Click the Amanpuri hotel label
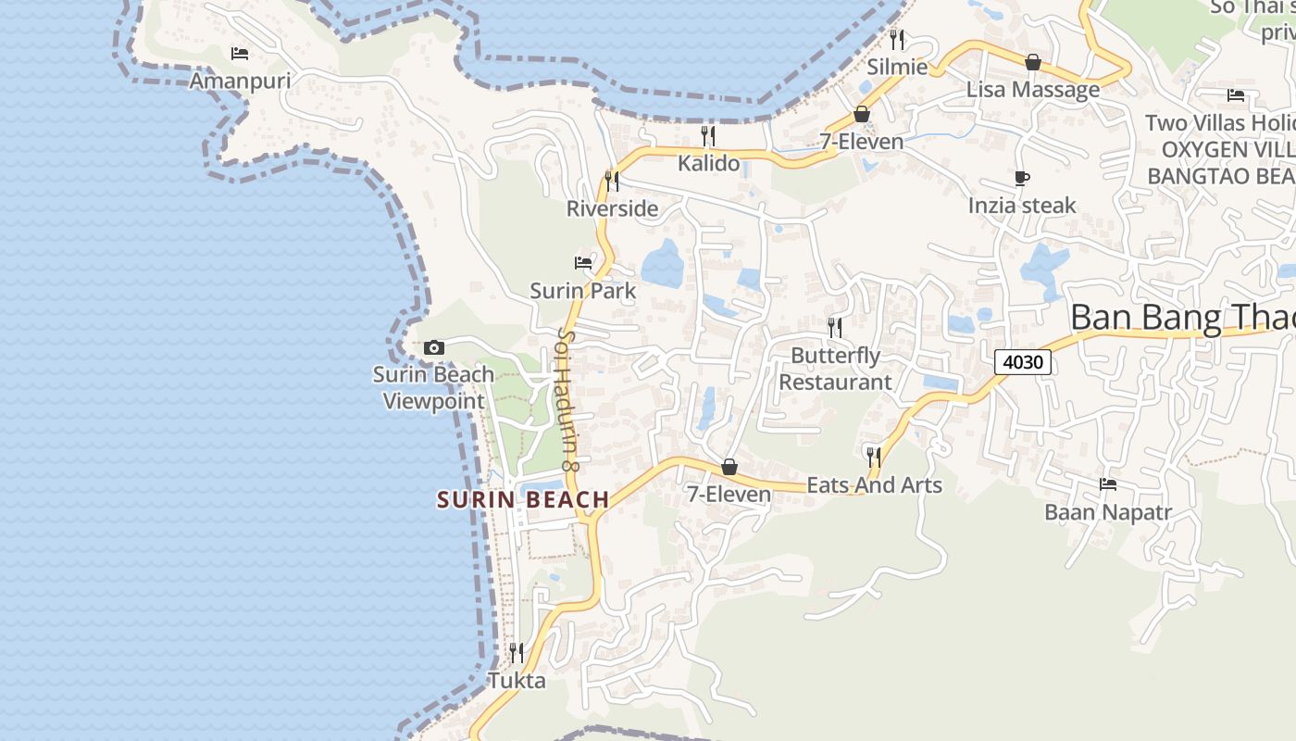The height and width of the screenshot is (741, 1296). (240, 81)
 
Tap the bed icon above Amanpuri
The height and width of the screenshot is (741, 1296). (240, 54)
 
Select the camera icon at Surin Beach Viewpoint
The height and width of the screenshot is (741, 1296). (433, 348)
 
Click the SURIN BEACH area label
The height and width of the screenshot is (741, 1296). (523, 500)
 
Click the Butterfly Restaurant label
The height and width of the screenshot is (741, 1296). (835, 369)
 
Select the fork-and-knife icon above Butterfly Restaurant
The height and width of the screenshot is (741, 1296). (835, 327)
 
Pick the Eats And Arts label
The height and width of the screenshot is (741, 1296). (874, 484)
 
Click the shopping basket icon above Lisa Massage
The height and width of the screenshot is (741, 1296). (1033, 62)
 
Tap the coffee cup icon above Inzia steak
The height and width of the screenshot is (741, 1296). (1022, 178)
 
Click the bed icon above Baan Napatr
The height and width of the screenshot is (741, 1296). (1108, 484)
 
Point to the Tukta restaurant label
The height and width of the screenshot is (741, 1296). (517, 681)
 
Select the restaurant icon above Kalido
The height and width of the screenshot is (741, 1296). (709, 136)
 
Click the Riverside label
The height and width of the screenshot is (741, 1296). (612, 208)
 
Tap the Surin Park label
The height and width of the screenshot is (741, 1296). (583, 291)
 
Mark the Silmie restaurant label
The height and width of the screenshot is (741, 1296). (897, 67)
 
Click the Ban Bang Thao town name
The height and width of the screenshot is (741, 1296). (1182, 318)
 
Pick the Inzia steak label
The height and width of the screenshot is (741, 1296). (1022, 205)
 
